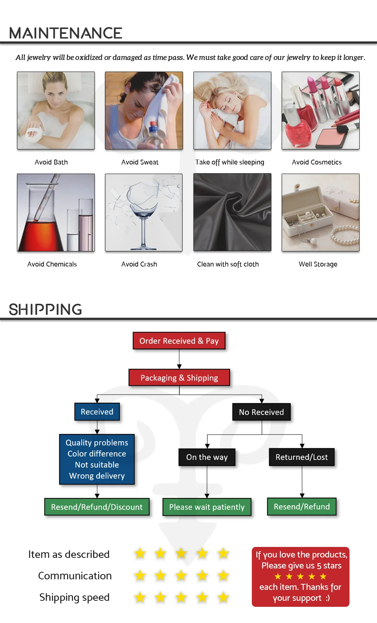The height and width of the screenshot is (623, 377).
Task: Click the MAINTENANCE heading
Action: click(x=66, y=33)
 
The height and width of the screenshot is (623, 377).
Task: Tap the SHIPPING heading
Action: click(x=45, y=309)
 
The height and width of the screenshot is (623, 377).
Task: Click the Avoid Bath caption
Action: click(x=51, y=162)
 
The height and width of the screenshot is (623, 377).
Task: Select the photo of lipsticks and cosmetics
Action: click(x=320, y=110)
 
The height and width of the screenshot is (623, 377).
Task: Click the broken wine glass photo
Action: click(x=144, y=212)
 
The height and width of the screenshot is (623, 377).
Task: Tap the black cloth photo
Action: click(x=232, y=212)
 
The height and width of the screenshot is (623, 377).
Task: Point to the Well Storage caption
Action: click(x=318, y=264)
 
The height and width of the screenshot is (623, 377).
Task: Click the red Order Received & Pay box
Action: click(x=179, y=341)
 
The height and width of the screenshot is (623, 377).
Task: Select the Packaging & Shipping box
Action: click(x=179, y=378)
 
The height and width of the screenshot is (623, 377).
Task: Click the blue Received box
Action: click(x=97, y=412)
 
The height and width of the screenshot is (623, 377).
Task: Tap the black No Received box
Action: click(x=261, y=412)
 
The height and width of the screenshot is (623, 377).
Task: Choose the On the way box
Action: click(x=207, y=457)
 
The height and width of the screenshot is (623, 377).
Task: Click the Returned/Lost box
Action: click(x=302, y=457)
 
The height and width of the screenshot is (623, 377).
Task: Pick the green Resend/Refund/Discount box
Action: click(x=97, y=507)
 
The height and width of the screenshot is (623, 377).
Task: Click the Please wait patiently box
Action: click(x=207, y=507)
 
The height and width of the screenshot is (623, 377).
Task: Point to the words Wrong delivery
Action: click(x=97, y=476)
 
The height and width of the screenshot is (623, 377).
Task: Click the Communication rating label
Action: click(x=75, y=576)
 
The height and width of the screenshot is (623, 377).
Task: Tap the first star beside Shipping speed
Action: click(x=140, y=597)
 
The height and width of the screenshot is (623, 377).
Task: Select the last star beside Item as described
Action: click(x=224, y=553)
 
